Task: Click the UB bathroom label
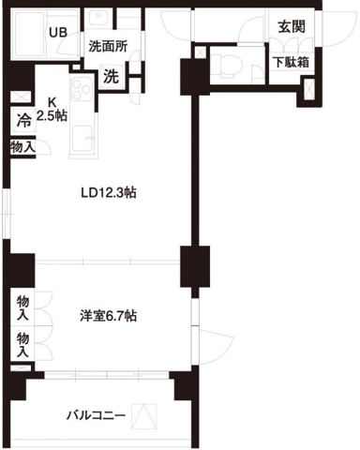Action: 58,31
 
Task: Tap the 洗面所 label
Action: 109,45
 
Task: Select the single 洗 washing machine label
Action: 111,76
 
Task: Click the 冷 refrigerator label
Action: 23,120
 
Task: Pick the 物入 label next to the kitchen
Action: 23,147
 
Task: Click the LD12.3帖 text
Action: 109,194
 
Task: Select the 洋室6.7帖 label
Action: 107,316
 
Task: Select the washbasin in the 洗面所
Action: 99,21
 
